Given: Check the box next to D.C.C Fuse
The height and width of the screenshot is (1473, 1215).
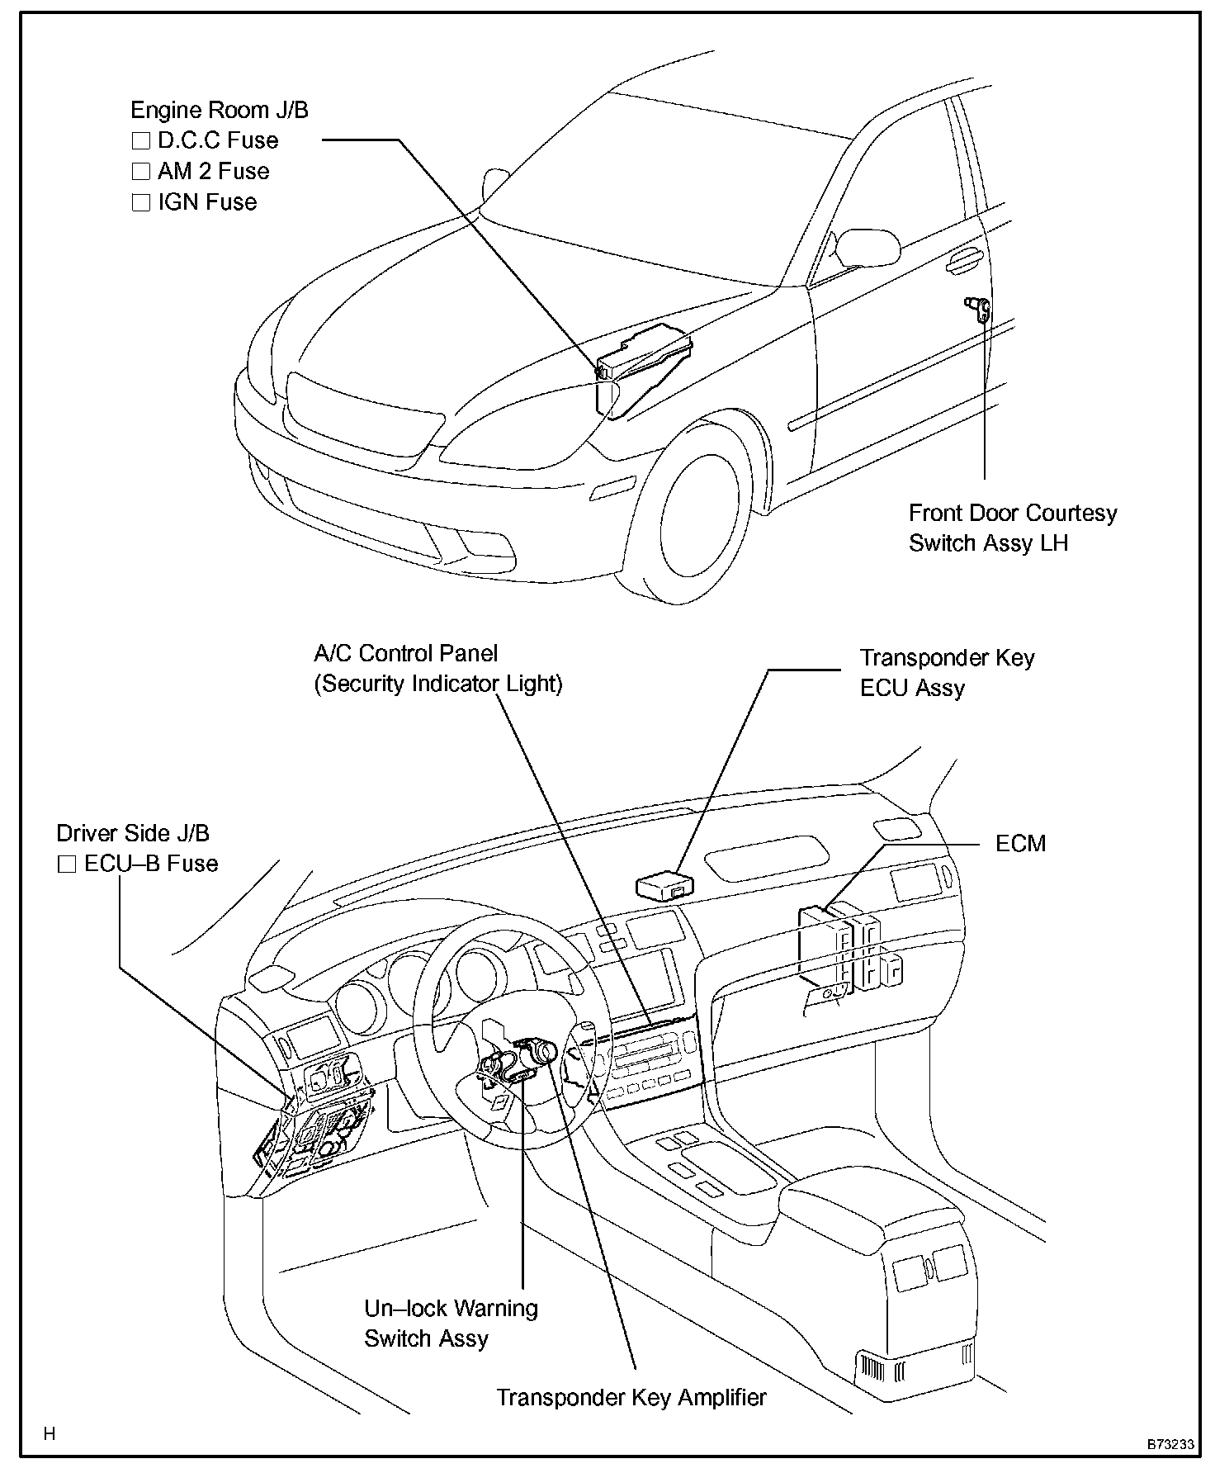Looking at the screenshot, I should (140, 141).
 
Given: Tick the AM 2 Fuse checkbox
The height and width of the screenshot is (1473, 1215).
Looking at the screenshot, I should (140, 172).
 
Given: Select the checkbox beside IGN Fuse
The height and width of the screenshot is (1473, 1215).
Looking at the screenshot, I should (140, 202).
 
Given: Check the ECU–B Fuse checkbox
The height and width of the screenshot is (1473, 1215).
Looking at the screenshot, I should (67, 864).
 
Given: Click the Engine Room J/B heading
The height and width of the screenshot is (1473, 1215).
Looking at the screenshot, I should (220, 110).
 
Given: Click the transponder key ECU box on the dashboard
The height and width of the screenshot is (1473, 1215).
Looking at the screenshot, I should (664, 886).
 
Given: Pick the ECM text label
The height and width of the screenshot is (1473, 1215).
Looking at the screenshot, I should (1020, 843).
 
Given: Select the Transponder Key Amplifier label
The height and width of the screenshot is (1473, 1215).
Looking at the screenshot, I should (631, 1397).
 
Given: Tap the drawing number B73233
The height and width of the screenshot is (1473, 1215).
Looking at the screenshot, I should (1170, 1444).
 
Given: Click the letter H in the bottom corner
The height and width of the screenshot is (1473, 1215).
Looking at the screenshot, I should (50, 1433).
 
